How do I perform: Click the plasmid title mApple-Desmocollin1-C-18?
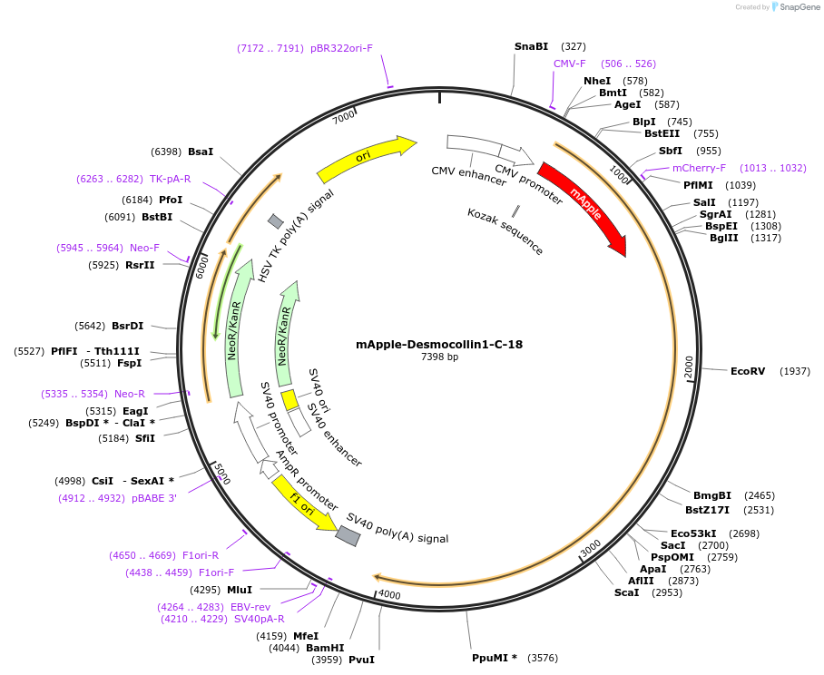[439, 345]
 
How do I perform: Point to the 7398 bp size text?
[439, 357]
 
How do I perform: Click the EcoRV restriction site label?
[748, 371]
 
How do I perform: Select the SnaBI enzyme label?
[531, 45]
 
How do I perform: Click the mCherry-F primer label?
[699, 168]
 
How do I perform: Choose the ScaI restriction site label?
[626, 592]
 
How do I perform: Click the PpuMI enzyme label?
[494, 658]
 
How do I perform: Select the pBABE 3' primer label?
[153, 498]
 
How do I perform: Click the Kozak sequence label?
[505, 231]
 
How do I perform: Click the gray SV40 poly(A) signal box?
[348, 536]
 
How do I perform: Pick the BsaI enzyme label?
[201, 152]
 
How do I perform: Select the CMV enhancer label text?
[468, 176]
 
